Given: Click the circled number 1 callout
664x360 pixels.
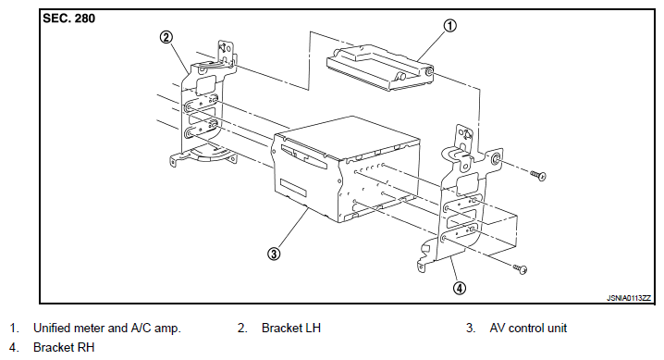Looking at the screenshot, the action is pos(449,26).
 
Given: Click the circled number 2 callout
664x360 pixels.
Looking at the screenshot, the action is pos(166,38).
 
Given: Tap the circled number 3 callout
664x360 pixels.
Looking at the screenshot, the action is pos(274,254).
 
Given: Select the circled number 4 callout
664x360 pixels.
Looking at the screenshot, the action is pos(460,289).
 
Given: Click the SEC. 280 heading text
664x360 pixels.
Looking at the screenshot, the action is pos(69,19).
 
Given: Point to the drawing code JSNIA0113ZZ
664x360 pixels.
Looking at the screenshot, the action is pos(629,298).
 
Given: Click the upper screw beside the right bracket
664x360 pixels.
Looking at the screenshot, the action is pos(538,175).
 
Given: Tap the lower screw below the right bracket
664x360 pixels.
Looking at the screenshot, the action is pos(521,268).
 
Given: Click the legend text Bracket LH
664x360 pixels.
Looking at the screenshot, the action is pos(291,328).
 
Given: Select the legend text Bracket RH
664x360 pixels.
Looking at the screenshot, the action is pos(64,347).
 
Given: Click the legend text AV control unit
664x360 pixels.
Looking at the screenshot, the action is pos(528,328).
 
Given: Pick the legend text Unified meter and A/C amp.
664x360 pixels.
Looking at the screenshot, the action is pos(106,328).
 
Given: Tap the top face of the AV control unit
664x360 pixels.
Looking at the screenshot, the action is pos(347,136).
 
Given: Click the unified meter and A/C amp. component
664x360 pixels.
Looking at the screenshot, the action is pos(380,68).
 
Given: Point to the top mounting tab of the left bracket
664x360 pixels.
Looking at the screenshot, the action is pos(227,52).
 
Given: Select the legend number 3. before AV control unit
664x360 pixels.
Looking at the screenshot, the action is pos(471,328).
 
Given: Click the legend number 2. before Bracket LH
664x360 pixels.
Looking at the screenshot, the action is pos(242,328).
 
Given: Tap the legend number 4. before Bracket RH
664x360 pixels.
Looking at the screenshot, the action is pos(15,347).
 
